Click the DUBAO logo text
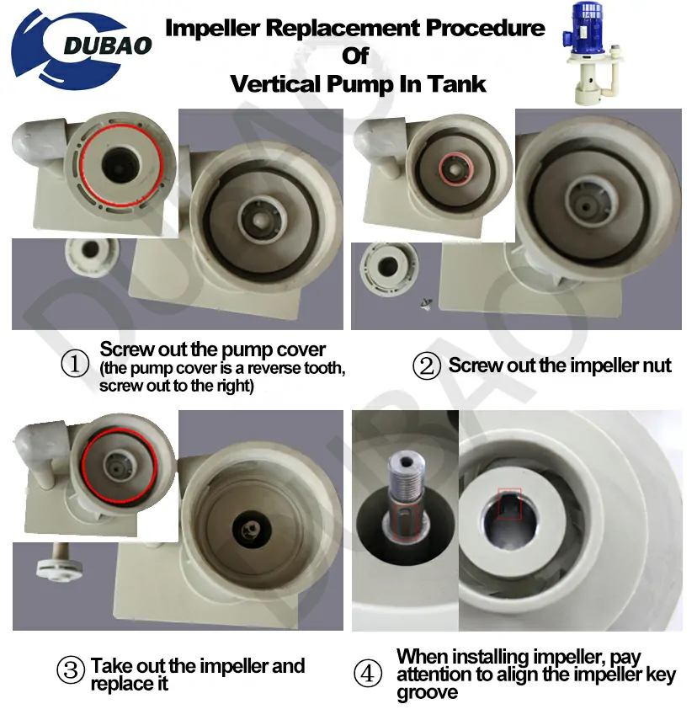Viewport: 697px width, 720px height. pyautogui.click(x=107, y=45)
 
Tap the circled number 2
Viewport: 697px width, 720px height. pyautogui.click(x=427, y=366)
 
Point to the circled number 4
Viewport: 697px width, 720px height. pyautogui.click(x=368, y=674)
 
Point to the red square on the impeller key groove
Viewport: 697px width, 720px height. pyautogui.click(x=510, y=504)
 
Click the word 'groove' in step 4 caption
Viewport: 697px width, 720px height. pyautogui.click(x=427, y=692)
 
